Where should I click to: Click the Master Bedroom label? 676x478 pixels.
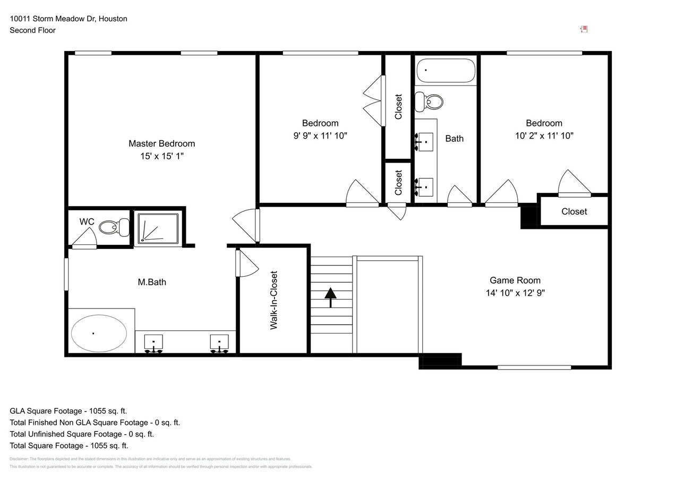click(161, 143)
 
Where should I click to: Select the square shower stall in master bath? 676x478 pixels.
click(158, 229)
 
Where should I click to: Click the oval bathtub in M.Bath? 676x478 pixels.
click(99, 333)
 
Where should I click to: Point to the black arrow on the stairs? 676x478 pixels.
click(331, 297)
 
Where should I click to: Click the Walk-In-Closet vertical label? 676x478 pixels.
click(274, 300)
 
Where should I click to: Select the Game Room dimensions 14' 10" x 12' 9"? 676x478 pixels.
click(515, 293)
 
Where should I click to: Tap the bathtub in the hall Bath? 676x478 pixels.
click(446, 71)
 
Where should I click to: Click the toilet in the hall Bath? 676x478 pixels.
click(429, 101)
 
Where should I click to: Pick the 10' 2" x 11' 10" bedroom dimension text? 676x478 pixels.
click(544, 136)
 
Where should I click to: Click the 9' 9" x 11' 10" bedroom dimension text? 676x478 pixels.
click(320, 136)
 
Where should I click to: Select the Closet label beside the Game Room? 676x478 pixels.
click(574, 211)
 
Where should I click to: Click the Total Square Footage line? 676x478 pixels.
click(69, 446)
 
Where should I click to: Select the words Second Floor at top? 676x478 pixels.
click(32, 30)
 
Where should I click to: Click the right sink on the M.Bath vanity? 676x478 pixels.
click(219, 342)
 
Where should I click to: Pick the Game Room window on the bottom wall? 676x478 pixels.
click(534, 367)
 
